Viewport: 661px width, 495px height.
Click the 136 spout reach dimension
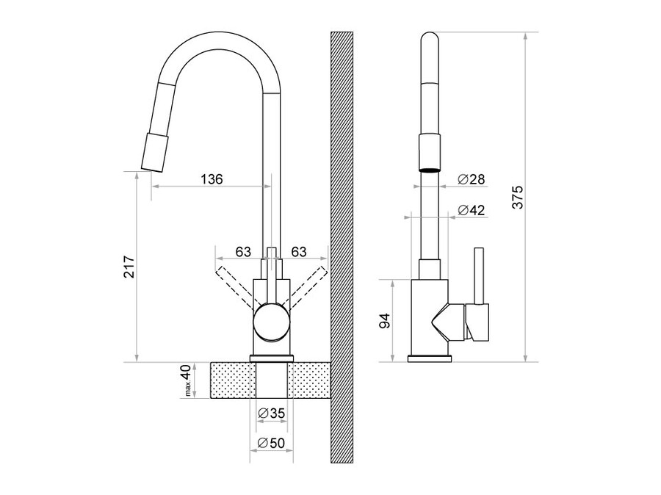point(212,178)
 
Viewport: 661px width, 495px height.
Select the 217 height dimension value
point(129,267)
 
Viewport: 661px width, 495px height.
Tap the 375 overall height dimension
point(517,197)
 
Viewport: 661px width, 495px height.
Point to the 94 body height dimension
point(384,321)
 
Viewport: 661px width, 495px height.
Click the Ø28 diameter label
point(472,179)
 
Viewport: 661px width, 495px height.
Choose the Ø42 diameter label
point(472,209)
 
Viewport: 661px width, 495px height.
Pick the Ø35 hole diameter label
point(271,413)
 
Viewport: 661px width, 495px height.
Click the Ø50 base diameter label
point(271,443)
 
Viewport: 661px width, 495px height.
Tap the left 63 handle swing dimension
point(243,252)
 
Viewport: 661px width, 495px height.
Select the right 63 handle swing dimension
point(299,252)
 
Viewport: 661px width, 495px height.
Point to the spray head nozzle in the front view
point(154,151)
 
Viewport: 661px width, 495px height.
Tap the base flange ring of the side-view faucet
point(430,359)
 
